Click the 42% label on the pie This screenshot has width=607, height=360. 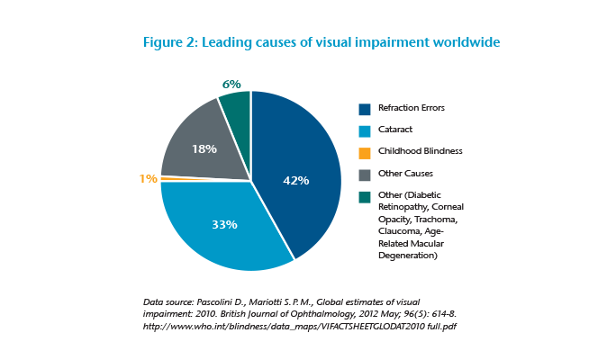click(x=296, y=180)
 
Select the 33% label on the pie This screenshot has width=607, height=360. click(x=224, y=224)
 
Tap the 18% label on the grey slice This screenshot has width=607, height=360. click(x=204, y=148)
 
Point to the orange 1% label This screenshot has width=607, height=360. click(x=149, y=178)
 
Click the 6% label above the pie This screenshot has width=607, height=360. click(x=231, y=84)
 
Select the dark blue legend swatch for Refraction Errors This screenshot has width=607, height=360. click(x=365, y=109)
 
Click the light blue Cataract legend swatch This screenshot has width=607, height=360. click(x=365, y=130)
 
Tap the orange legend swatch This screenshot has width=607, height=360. click(x=365, y=153)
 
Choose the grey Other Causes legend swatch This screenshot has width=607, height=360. click(x=365, y=175)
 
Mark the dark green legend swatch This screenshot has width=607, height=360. click(x=365, y=197)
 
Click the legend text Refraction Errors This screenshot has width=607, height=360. click(x=412, y=109)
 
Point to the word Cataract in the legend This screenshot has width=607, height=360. click(x=397, y=130)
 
